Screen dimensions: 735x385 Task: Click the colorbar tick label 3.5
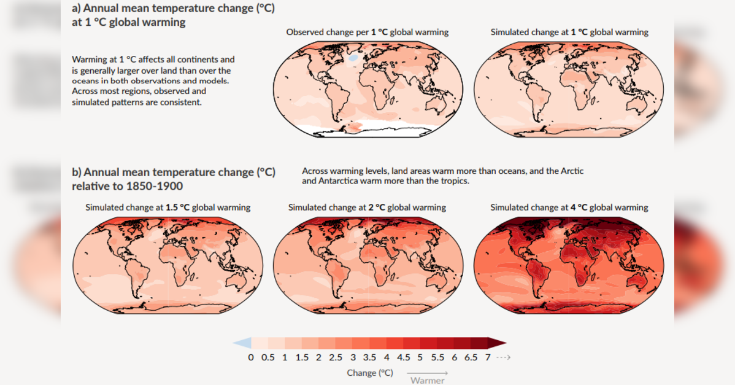[x=369, y=357]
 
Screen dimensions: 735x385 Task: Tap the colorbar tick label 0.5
[x=267, y=357]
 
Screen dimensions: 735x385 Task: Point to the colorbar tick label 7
[x=488, y=357]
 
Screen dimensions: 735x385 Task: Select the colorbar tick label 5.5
[x=437, y=357]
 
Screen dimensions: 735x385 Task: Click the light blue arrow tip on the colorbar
[x=234, y=343]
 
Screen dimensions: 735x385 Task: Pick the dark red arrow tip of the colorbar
[x=506, y=343]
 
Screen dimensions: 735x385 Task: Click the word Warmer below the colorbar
[x=427, y=380]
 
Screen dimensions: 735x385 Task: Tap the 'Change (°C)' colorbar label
[x=370, y=373]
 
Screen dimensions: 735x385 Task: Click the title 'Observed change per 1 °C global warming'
[x=367, y=33]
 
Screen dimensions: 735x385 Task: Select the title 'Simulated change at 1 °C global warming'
[x=569, y=33]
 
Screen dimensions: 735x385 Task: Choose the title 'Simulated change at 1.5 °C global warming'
[x=168, y=208]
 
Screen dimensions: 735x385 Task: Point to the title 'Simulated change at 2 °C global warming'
[x=367, y=208]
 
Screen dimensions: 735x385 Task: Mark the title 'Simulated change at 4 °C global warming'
[x=569, y=208]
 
